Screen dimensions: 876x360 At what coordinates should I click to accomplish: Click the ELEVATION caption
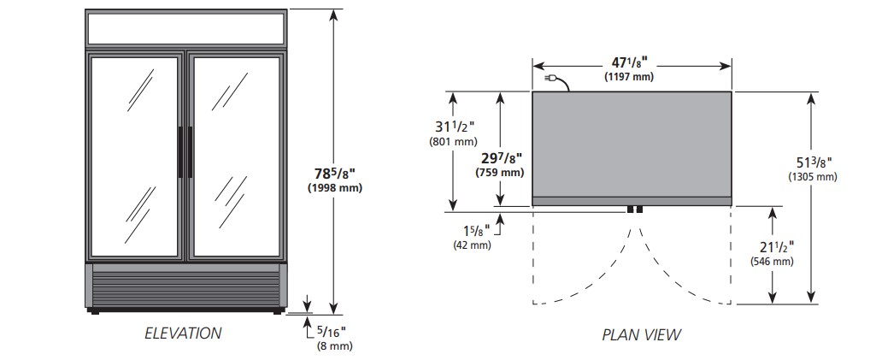point(183,333)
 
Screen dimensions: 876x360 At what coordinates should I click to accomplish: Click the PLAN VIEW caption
point(641,334)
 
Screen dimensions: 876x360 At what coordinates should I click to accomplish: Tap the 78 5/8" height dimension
point(335,172)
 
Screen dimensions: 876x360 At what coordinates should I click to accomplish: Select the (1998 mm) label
point(335,188)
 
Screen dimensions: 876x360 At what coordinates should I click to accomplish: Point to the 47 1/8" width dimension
point(632,63)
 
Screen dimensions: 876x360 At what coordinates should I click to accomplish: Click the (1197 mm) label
point(629,77)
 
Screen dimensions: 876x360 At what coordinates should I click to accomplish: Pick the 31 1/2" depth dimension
point(454,128)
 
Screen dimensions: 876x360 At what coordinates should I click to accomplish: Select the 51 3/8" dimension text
point(814,162)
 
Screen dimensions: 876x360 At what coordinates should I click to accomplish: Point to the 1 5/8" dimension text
point(476,230)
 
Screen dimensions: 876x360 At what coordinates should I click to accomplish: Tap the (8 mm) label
point(335,346)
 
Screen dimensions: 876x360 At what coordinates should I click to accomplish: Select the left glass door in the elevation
point(135,156)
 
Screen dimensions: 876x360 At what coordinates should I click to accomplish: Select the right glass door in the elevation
point(237,156)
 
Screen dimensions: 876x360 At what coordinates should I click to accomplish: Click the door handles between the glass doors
point(185,152)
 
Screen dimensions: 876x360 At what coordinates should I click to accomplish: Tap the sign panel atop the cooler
point(186,28)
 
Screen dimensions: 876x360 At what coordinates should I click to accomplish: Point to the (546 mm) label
point(773,261)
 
